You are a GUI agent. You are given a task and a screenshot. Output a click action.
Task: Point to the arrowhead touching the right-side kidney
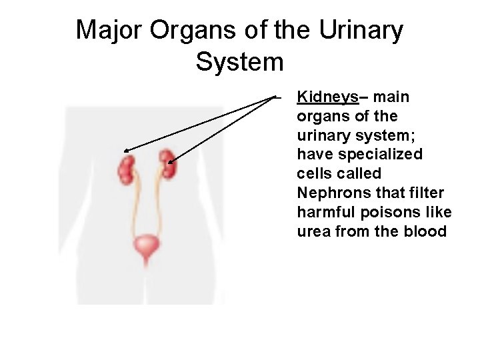[x=172, y=161]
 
